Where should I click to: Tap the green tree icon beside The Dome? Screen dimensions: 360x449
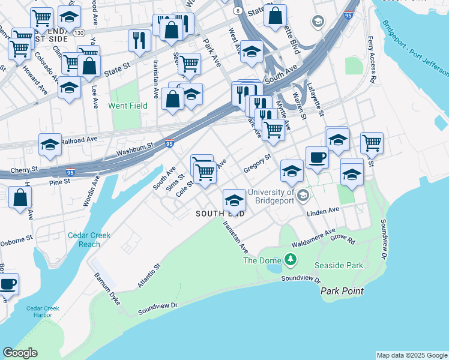(291, 259)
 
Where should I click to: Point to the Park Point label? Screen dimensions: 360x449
(342, 291)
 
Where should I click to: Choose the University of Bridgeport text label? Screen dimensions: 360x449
(271, 196)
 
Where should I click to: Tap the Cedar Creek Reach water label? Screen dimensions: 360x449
(89, 240)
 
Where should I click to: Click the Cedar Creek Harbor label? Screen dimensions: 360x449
(43, 312)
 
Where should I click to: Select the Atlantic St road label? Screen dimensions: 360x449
(149, 275)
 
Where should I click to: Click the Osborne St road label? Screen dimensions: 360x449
(16, 239)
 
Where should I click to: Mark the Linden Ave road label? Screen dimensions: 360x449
(323, 211)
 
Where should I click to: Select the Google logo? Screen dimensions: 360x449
(20, 353)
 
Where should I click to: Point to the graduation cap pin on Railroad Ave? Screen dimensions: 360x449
(50, 144)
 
